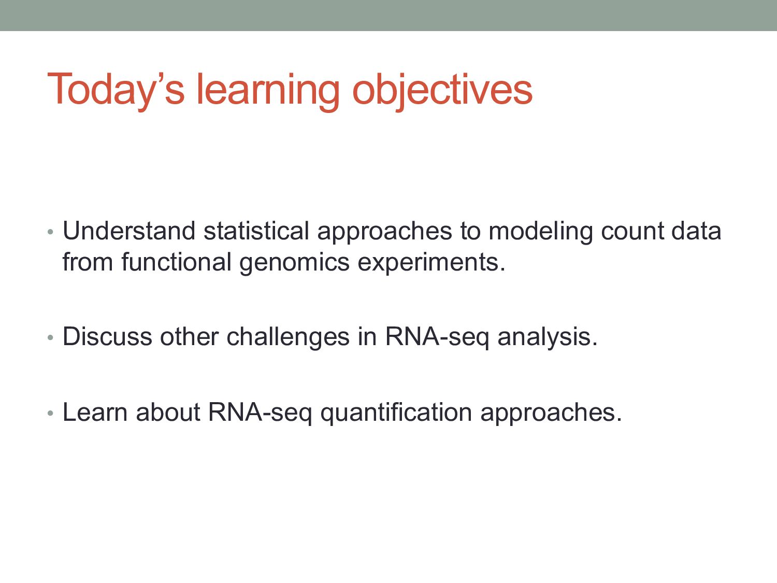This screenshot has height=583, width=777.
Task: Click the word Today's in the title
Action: pos(116,90)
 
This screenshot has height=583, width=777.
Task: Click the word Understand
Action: pos(129,231)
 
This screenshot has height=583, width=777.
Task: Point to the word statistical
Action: pos(256,231)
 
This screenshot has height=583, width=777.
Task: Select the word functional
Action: pos(176,262)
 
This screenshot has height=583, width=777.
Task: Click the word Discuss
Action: pos(107,336)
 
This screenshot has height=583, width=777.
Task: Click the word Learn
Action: pos(95,412)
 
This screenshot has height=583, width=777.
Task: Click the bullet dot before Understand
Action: pos(50,232)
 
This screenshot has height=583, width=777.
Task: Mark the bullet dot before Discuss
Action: pos(50,338)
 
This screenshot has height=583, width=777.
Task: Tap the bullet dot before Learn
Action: pos(50,414)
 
